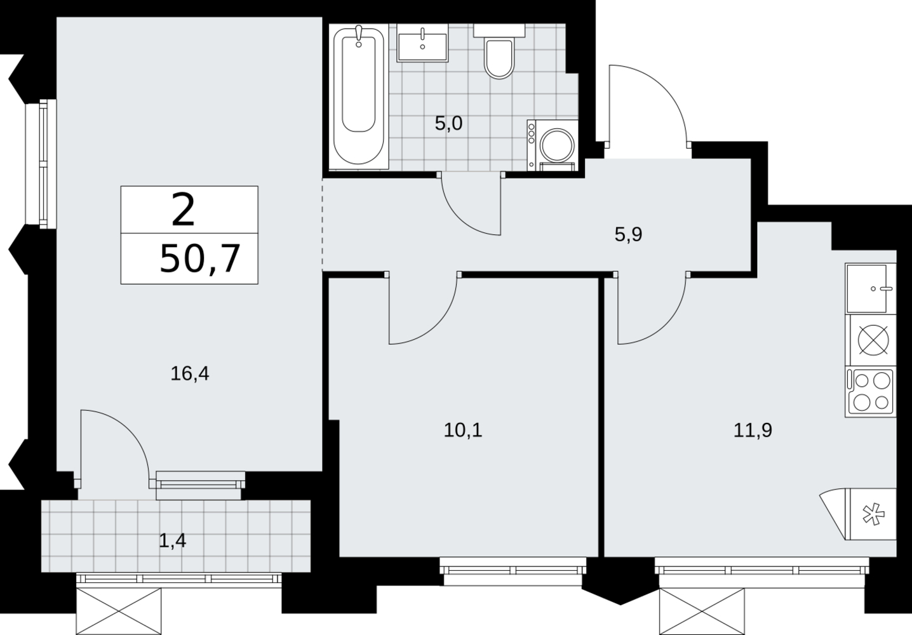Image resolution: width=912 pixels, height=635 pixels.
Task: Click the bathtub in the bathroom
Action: [359, 97]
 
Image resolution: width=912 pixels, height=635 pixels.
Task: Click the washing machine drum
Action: [557, 145]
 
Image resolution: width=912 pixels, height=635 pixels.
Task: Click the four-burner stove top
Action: [871, 392]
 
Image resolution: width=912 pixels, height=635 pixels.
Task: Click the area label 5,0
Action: [448, 123]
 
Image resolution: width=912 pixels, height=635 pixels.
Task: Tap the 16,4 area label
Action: [190, 373]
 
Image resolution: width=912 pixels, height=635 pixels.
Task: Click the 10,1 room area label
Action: [463, 431]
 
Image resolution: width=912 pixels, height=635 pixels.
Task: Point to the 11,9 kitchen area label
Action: [753, 431]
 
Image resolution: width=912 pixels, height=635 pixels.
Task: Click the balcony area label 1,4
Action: [172, 541]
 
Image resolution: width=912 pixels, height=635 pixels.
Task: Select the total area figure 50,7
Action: [199, 259]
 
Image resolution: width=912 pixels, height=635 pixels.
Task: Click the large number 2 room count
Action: [183, 210]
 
